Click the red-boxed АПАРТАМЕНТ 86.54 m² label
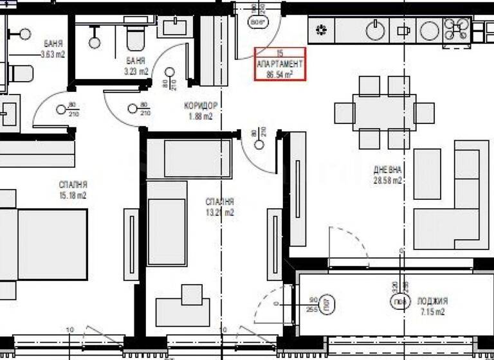280,64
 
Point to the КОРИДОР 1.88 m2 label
201,111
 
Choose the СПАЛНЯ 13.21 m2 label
220,206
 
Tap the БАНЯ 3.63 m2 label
53,49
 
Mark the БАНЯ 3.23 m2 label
136,66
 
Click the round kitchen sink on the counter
375,29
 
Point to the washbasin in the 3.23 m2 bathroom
174,26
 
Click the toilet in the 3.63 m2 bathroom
19,73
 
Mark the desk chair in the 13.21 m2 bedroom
192,294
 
